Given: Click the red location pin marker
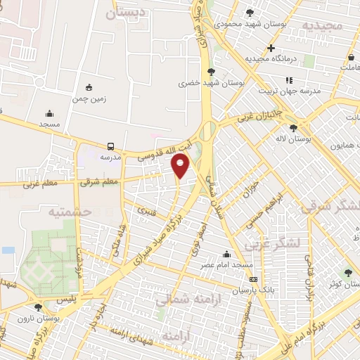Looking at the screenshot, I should tap(181, 165).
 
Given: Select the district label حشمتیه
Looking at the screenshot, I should tap(71, 210).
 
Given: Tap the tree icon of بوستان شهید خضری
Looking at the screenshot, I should tap(212, 71).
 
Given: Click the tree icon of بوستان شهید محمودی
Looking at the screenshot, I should tap(250, 12).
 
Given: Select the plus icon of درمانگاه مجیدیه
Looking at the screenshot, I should tap(271, 47).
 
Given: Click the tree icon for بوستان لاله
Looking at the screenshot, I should tap(293, 127).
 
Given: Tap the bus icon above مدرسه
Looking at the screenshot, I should tap(110, 146).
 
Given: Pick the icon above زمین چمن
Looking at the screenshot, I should tap(89, 87).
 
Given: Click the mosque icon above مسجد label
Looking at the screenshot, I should tap(49, 113).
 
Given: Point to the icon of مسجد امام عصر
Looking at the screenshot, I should tap(226, 255).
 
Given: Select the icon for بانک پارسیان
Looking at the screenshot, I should tap(253, 279).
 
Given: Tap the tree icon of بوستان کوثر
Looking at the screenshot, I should tap(348, 273).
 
